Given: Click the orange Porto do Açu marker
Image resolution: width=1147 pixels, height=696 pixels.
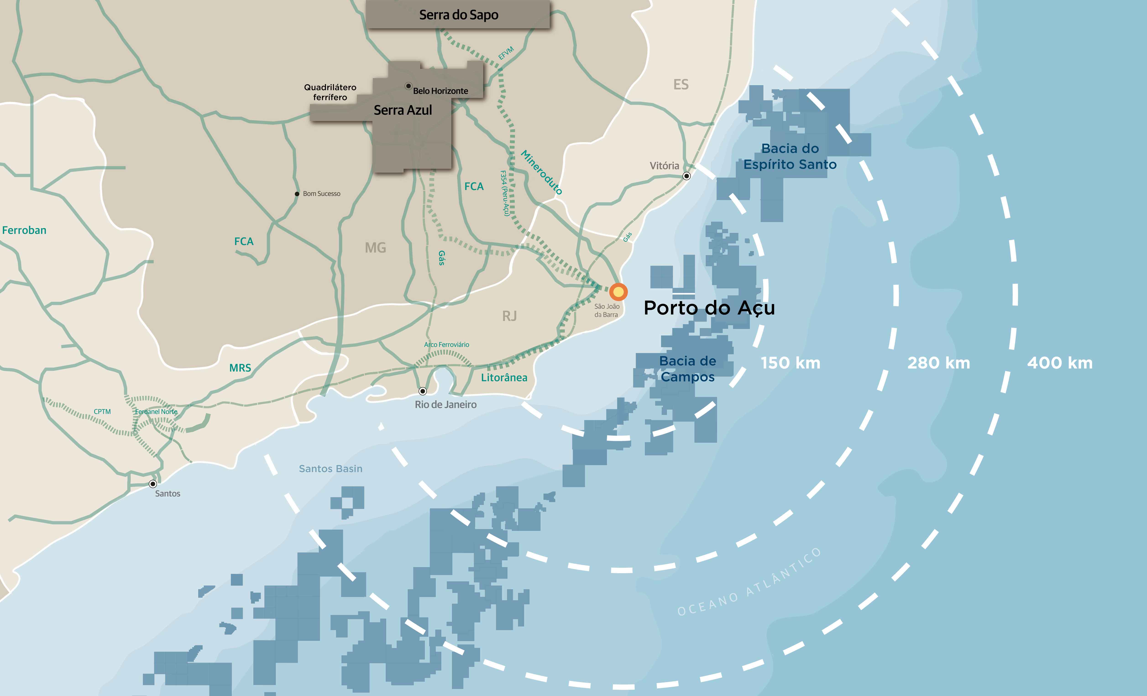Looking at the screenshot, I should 618,292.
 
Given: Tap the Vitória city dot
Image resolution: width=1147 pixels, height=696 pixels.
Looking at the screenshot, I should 687,176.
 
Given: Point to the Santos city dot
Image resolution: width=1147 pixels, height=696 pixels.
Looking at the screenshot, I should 153,484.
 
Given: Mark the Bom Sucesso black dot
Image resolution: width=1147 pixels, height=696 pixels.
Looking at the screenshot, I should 297,194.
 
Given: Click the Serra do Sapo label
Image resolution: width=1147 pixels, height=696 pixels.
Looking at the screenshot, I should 458,15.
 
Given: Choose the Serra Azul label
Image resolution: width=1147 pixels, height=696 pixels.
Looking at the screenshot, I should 403,110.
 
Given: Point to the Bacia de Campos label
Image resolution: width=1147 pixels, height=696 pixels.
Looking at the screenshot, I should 688,369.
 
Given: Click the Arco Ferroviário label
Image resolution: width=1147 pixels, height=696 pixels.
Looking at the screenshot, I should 446,345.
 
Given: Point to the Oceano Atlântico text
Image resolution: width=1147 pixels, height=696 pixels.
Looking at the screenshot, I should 749,582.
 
